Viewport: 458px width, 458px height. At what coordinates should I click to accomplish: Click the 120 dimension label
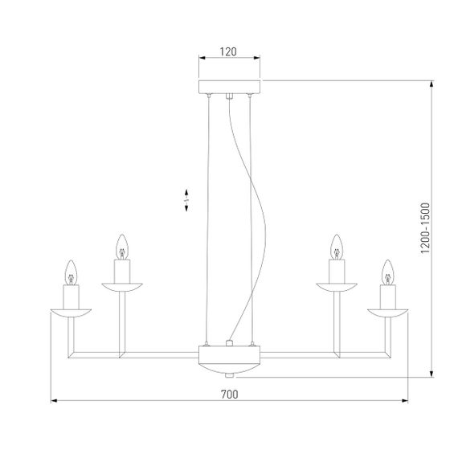tap(229, 51)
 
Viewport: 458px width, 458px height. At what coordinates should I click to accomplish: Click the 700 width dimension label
tap(229, 394)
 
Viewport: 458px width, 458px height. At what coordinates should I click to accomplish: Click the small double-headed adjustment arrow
tap(186, 201)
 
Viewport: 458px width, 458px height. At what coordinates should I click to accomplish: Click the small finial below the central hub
tap(230, 374)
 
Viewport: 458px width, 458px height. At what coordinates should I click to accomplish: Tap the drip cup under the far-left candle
tap(71, 311)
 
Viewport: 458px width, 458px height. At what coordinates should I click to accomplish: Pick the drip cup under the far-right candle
tap(388, 311)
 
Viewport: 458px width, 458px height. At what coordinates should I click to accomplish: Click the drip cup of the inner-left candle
tap(122, 285)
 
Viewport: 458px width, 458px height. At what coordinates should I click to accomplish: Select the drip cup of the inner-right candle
tap(337, 285)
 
